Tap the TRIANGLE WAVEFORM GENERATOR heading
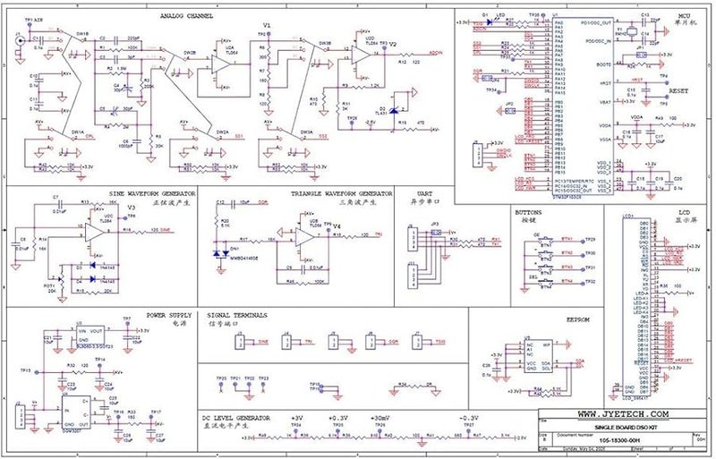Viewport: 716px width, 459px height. pos(341,193)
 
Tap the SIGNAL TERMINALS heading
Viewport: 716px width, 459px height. pos(237,316)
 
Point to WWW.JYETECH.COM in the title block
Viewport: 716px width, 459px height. pos(623,415)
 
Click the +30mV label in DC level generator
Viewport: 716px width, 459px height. pos(380,418)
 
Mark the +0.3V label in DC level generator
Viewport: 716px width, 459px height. pos(337,418)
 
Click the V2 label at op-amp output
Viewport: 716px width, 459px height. pos(392,43)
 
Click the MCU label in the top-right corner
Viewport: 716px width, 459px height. pos(684,16)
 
